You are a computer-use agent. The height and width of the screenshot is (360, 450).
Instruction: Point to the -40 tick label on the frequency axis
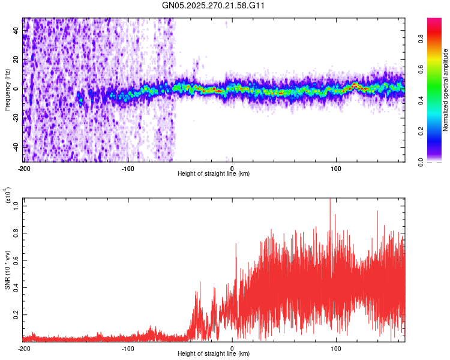pyautogui.click(x=16, y=147)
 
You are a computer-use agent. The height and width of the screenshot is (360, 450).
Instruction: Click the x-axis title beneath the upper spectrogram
pyautogui.click(x=214, y=174)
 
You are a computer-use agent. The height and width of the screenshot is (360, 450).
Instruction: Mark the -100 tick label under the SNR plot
pyautogui.click(x=128, y=349)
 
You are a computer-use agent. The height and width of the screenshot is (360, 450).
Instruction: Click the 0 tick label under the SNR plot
pyautogui.click(x=232, y=349)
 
